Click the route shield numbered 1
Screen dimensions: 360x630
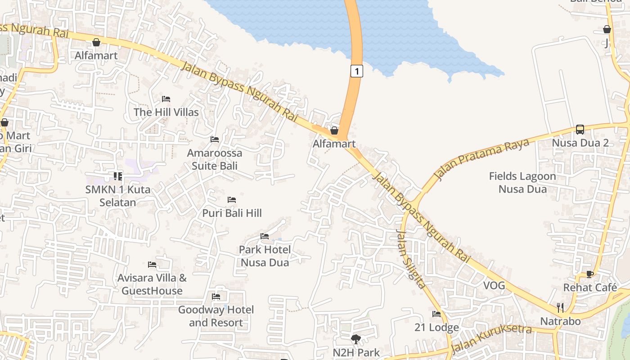(356, 71)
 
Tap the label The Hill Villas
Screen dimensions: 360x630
(166, 112)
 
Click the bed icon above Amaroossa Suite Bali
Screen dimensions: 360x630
(215, 139)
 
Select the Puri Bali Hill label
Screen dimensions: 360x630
(232, 213)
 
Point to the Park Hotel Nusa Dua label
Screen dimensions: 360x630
(265, 256)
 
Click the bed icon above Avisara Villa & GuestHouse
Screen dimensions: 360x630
(152, 265)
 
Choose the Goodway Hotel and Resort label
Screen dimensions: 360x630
(216, 316)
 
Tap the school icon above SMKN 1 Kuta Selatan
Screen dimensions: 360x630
(117, 176)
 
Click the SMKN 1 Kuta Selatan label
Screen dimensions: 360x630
(117, 196)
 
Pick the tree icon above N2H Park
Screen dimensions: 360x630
(356, 339)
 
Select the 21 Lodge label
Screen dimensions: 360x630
(436, 327)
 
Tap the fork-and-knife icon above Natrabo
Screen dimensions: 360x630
(560, 308)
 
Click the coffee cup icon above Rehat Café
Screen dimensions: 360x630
(590, 274)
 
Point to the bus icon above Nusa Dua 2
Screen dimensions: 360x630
(580, 130)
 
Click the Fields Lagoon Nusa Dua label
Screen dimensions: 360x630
(522, 182)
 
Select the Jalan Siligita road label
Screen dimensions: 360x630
(410, 259)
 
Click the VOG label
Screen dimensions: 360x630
(494, 285)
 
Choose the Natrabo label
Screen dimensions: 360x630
(560, 321)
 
